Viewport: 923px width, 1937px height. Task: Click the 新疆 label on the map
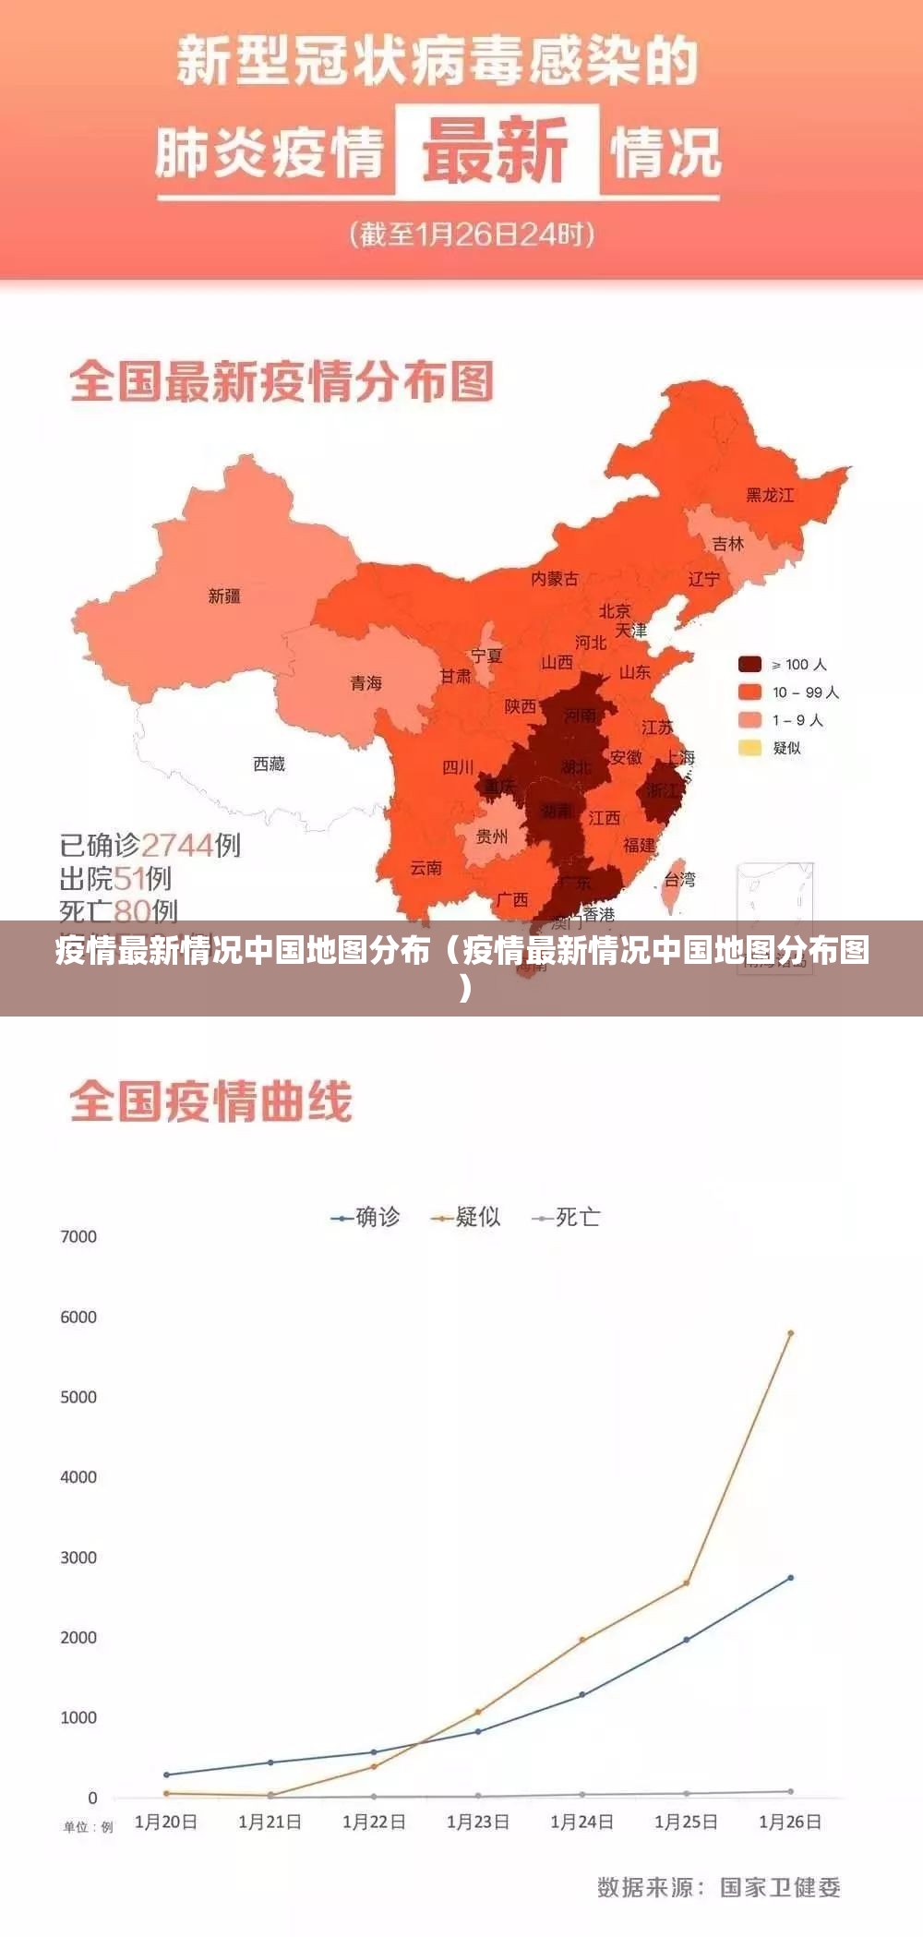tap(224, 596)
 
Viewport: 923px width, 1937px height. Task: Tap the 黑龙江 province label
tap(770, 496)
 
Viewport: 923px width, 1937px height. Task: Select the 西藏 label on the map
tap(269, 764)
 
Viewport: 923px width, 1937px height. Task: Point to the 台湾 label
tap(679, 879)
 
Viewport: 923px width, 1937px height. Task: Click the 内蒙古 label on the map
tap(555, 579)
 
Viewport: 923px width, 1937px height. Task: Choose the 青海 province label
tap(366, 683)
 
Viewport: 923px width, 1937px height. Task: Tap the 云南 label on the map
tap(426, 868)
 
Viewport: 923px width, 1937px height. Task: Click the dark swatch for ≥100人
tap(749, 664)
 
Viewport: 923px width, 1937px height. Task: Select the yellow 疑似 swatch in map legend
tap(749, 747)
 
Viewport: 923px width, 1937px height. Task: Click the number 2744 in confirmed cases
tap(177, 845)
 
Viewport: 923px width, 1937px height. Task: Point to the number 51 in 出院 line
tap(129, 878)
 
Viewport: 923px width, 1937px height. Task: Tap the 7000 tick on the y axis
tap(78, 1237)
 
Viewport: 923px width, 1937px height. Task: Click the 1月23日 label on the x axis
tap(477, 1822)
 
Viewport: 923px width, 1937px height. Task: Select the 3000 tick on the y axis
tap(78, 1558)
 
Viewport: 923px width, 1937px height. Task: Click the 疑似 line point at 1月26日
tap(790, 1333)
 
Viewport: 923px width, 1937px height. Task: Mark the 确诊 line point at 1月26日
tap(790, 1578)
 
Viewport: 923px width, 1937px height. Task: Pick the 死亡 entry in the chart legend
tap(567, 1218)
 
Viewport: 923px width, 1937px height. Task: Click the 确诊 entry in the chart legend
tap(366, 1218)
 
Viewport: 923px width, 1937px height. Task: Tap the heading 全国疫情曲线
tap(211, 1102)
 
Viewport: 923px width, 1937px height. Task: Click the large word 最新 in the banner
tap(497, 150)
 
